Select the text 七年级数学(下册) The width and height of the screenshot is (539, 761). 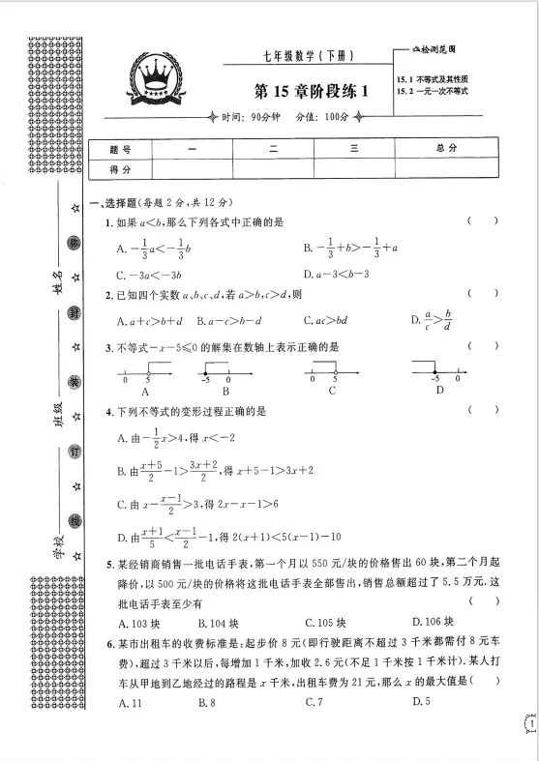click(x=301, y=55)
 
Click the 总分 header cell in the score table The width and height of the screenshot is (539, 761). click(x=447, y=149)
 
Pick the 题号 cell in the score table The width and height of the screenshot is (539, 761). click(x=120, y=149)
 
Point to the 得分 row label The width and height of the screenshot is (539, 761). click(x=120, y=168)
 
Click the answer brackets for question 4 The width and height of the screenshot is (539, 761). click(x=483, y=410)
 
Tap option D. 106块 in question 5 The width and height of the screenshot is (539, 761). click(x=434, y=621)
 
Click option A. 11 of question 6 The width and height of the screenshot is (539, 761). click(x=130, y=701)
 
